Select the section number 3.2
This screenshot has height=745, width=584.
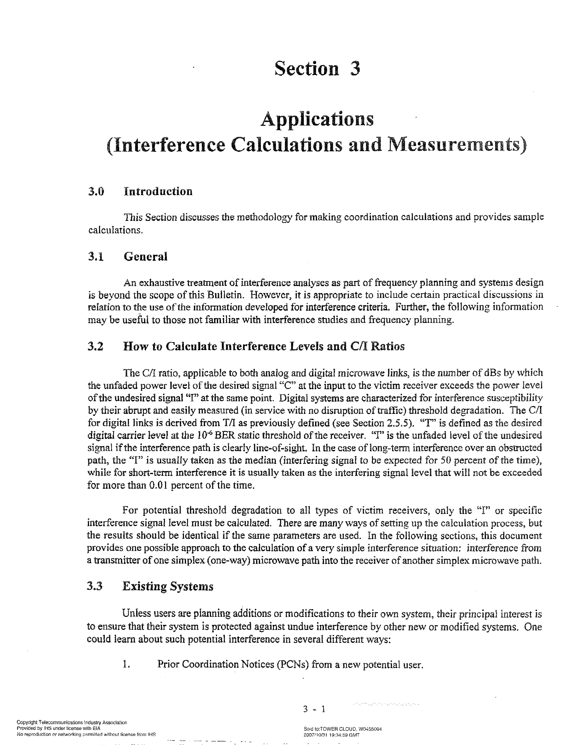tap(95, 346)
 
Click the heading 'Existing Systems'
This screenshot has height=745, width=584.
tap(167, 586)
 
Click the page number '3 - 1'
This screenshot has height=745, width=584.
tap(314, 710)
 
